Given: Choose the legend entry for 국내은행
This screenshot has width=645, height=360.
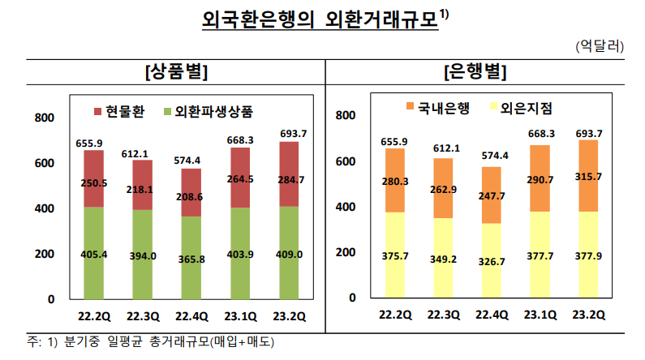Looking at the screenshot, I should point(435,107).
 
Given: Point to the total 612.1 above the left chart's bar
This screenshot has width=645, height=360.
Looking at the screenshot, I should point(142,153).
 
